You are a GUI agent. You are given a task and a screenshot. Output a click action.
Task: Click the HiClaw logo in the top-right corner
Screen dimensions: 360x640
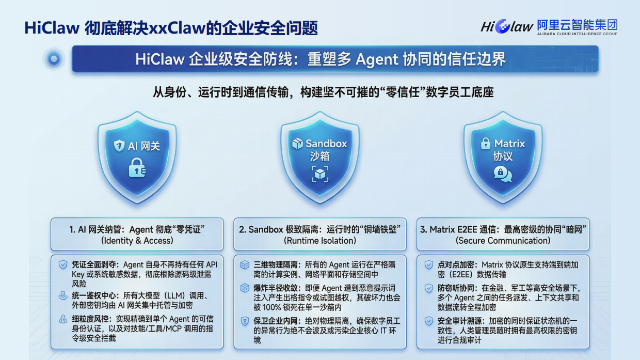(x=506, y=26)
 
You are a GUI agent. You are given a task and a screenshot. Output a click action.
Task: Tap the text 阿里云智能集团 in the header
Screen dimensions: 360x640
(x=577, y=24)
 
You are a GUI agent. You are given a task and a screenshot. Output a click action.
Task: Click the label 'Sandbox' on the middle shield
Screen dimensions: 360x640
(x=326, y=144)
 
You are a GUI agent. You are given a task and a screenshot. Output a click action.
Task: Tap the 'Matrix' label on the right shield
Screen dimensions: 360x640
(x=509, y=144)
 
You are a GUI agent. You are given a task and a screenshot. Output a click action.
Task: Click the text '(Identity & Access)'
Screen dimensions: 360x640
(x=137, y=241)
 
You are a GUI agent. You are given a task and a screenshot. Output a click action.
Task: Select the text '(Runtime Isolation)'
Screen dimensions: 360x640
(x=320, y=241)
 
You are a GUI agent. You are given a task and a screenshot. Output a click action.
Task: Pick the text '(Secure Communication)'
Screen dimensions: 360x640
(x=503, y=241)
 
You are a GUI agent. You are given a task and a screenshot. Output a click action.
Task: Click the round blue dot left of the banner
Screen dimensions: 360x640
(x=54, y=59)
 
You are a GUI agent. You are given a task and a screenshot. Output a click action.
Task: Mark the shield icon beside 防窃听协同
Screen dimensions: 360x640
(x=428, y=288)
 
